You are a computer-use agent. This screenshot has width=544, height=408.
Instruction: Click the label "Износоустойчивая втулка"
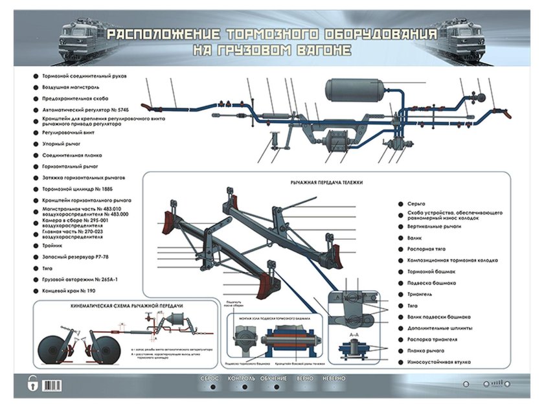438,362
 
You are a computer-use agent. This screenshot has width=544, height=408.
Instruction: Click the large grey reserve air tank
354,90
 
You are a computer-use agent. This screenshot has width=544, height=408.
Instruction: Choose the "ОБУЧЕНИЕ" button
273,378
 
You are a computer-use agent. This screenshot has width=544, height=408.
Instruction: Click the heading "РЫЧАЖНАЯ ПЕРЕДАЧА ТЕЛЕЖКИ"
326,183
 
